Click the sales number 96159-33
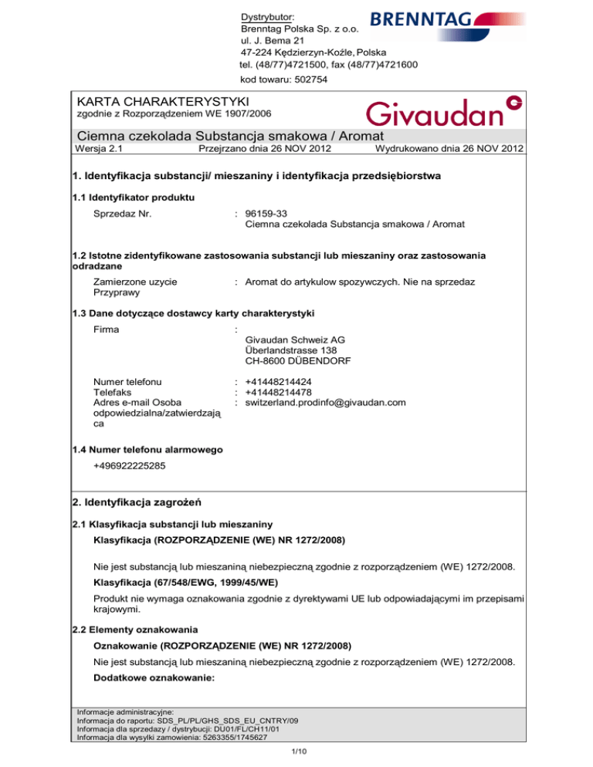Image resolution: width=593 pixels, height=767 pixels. click(x=267, y=212)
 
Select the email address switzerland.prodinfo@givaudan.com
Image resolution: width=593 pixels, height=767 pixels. click(x=325, y=402)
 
